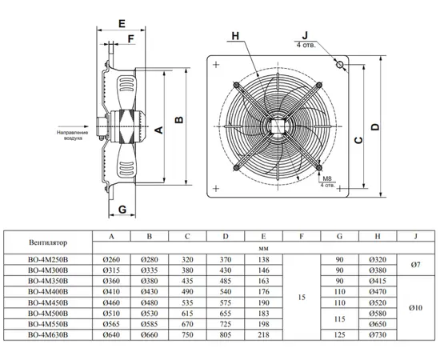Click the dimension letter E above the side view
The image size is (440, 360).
pyautogui.click(x=122, y=23)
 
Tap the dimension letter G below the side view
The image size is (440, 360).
pyautogui.click(x=122, y=210)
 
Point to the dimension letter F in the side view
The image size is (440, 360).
pyautogui.click(x=130, y=38)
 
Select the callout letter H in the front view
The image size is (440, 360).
pyautogui.click(x=235, y=36)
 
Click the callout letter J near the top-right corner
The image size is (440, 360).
pyautogui.click(x=305, y=35)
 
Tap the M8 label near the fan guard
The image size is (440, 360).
pyautogui.click(x=327, y=178)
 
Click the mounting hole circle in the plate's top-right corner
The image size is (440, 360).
pyautogui.click(x=340, y=65)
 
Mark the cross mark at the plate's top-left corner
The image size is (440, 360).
pyautogui.click(x=216, y=65)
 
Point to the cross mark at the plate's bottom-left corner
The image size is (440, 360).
pyautogui.click(x=216, y=188)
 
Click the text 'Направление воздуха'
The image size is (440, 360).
pyautogui.click(x=72, y=135)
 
